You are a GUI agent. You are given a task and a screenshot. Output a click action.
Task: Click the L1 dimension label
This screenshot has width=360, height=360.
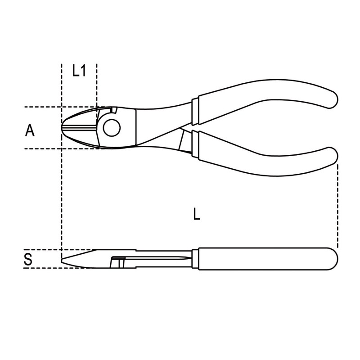coord(79,71)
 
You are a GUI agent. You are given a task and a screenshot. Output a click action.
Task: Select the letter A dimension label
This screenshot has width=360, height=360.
coord(30,130)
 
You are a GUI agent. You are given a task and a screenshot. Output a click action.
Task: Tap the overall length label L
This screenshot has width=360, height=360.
coord(196,215)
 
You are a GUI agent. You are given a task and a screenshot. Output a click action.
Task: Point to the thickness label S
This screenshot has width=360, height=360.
coord(28,261)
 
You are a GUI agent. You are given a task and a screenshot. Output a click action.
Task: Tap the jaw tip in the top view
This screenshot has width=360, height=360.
coord(63,127)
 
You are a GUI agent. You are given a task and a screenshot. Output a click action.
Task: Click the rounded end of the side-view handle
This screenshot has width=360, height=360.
coord(332,258)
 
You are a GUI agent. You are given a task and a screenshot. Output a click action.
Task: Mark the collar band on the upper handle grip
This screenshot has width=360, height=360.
coord(194,110)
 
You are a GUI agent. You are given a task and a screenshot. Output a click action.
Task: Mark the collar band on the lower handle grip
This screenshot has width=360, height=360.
coord(194,144)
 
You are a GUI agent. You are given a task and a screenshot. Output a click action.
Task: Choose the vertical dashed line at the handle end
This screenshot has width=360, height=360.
coord(337,202)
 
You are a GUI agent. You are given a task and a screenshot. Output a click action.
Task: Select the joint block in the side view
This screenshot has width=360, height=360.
coord(118,261)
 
